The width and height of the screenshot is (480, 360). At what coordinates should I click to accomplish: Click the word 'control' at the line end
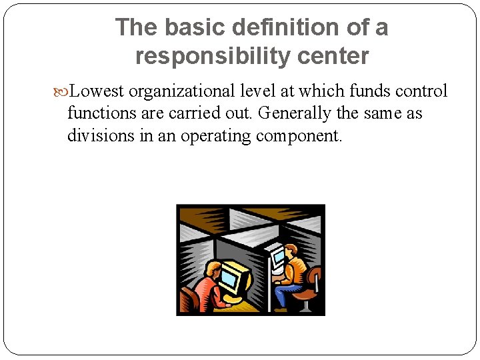pos(421,91)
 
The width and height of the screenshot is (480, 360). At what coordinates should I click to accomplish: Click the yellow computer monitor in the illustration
pos(231,278)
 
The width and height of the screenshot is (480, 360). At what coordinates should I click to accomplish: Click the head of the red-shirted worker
pos(211,269)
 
